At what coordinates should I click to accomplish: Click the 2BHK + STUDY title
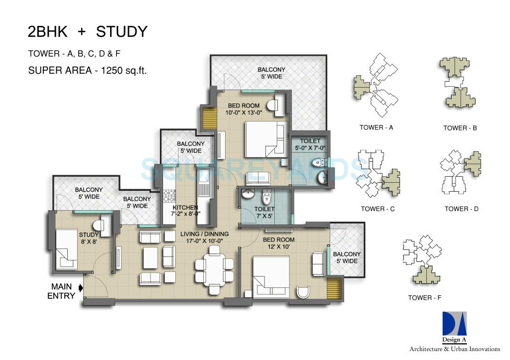pyautogui.click(x=87, y=32)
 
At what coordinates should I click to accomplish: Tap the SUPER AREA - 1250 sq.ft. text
pyautogui.click(x=87, y=70)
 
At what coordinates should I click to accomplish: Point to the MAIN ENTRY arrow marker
pyautogui.click(x=81, y=287)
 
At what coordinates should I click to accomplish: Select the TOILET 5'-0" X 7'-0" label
pyautogui.click(x=313, y=144)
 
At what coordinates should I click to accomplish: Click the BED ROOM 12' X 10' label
pyautogui.click(x=278, y=243)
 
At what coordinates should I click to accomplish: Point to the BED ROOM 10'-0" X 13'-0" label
pyautogui.click(x=244, y=109)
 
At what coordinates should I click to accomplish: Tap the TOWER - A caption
pyautogui.click(x=377, y=127)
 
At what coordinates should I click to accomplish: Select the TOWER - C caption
pyautogui.click(x=378, y=209)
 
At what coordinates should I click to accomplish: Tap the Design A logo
pyautogui.click(x=455, y=328)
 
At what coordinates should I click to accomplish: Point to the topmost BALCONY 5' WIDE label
pyautogui.click(x=271, y=73)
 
